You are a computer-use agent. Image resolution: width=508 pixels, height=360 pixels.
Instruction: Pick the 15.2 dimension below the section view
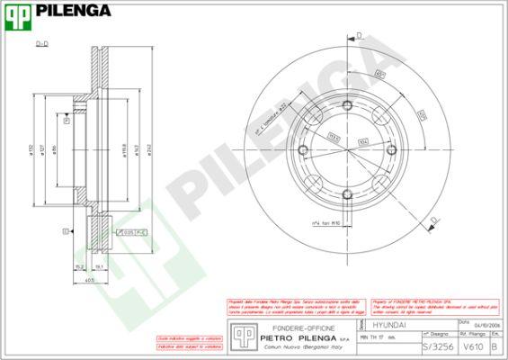[80, 265]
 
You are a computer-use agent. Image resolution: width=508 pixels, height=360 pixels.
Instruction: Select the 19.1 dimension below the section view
[99, 265]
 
